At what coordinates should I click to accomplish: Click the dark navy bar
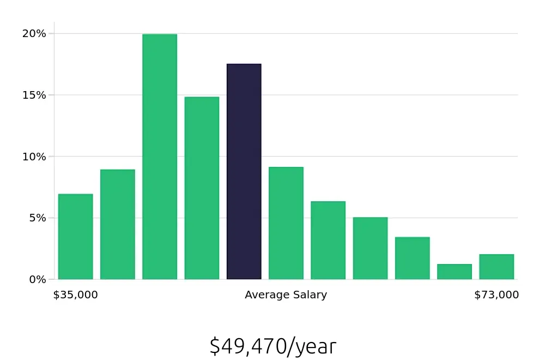click(244, 172)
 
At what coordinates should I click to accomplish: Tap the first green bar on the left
click(75, 237)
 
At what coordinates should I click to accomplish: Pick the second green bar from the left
click(118, 224)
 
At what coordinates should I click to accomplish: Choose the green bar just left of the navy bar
click(202, 188)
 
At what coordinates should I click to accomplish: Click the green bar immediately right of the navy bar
click(286, 223)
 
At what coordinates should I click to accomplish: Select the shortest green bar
click(454, 272)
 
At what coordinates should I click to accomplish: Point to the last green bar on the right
click(496, 267)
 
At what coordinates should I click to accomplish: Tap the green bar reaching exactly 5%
click(370, 248)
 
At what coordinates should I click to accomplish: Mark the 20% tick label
click(34, 34)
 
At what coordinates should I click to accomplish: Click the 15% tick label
click(34, 95)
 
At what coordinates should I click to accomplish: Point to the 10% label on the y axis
click(34, 157)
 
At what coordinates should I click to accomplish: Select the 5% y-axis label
click(37, 218)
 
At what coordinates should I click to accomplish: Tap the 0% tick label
click(37, 279)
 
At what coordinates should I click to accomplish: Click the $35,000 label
click(75, 295)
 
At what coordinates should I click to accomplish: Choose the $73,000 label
click(496, 295)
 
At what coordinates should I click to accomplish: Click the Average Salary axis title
click(286, 295)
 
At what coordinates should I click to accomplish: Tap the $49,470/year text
click(272, 346)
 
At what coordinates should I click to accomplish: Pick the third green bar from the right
click(412, 258)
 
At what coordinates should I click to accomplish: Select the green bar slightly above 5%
click(328, 241)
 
